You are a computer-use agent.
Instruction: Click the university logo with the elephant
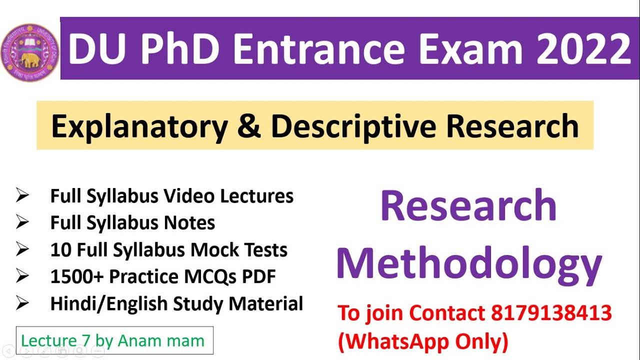click(x=30, y=52)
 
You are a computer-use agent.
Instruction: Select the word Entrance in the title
click(x=319, y=49)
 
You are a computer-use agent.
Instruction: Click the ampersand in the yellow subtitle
click(x=249, y=126)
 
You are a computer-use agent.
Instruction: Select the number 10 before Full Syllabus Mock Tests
click(x=62, y=250)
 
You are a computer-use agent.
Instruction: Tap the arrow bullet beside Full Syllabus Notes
click(x=22, y=223)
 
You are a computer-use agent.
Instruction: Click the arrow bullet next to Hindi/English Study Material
click(x=22, y=303)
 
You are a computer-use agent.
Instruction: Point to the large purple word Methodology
click(x=469, y=263)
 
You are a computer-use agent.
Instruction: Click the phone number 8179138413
click(x=551, y=313)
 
